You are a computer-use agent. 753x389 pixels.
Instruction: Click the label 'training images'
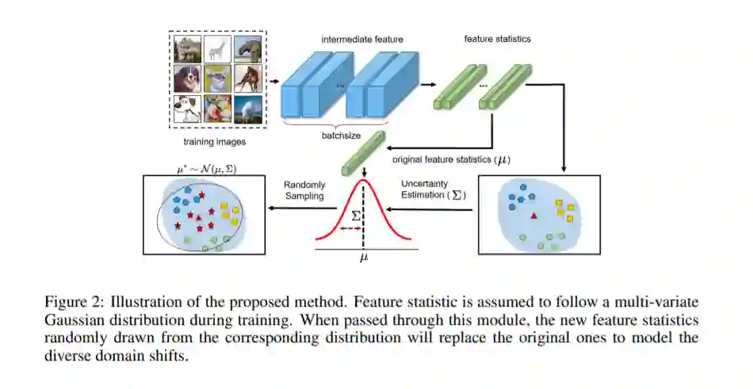pos(214,143)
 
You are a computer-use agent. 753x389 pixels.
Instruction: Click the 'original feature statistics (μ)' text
pos(451,159)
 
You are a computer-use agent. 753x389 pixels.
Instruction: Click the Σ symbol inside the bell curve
pos(356,215)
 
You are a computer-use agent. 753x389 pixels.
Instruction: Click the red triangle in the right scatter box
pos(535,215)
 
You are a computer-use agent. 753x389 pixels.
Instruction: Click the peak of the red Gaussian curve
pos(364,181)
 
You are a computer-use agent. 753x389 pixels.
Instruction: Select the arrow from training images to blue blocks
pos(273,79)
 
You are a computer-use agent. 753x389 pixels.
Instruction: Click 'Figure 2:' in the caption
pos(78,302)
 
